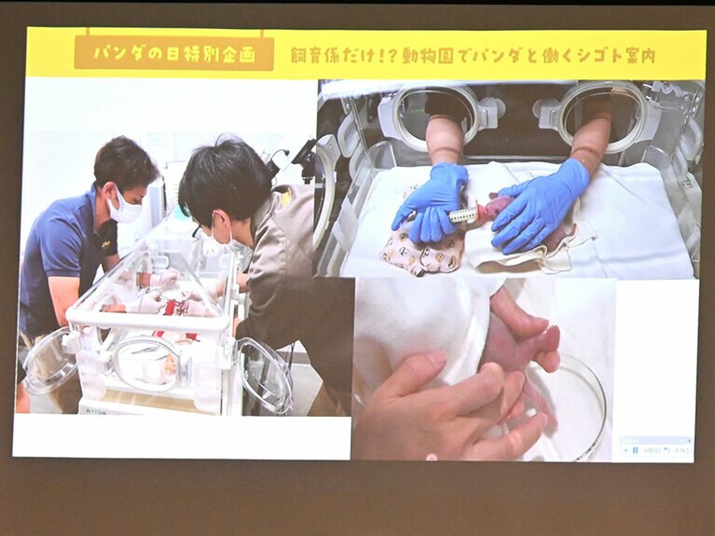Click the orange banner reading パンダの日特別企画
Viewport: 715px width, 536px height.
coord(173,53)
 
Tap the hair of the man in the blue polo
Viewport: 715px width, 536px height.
coord(124,160)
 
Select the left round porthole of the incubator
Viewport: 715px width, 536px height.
coord(434,116)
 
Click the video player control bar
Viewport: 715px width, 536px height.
coord(656,449)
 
